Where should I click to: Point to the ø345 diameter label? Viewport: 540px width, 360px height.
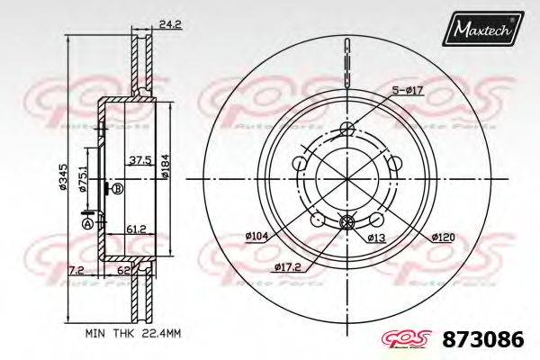(x=63, y=179)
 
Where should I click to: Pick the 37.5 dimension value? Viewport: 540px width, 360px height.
(x=139, y=160)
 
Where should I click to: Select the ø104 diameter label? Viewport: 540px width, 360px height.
(x=256, y=236)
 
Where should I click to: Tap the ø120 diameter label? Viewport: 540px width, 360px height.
(x=441, y=238)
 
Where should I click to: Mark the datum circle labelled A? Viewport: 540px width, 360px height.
(x=87, y=222)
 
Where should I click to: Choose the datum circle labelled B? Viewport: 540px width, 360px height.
(x=118, y=190)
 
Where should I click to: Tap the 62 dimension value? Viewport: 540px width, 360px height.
(x=124, y=268)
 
